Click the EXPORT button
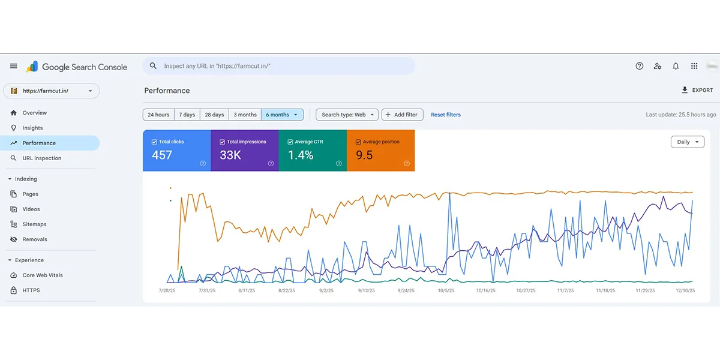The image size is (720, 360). tap(697, 91)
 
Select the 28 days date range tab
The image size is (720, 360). tap(214, 115)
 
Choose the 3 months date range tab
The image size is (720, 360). tap(245, 115)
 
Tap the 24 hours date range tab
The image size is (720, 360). tap(158, 115)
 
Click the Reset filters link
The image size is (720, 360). tap(445, 115)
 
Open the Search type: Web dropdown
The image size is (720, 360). tap(347, 115)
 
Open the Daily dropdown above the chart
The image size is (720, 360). tap(688, 142)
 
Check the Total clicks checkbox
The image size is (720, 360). tap(154, 142)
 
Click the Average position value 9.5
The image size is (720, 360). tap(364, 155)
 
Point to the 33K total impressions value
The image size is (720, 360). tap(230, 155)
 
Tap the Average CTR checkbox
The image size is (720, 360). tap(290, 142)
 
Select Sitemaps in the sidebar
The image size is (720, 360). tap(34, 224)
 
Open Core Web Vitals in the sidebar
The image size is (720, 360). tap(43, 275)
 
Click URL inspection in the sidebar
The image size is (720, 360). tap(42, 158)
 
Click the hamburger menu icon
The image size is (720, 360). tap(13, 66)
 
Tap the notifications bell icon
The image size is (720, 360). tap(676, 66)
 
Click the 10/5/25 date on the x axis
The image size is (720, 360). tap(446, 290)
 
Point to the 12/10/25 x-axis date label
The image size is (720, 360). tap(685, 290)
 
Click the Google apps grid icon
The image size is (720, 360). tap(694, 66)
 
